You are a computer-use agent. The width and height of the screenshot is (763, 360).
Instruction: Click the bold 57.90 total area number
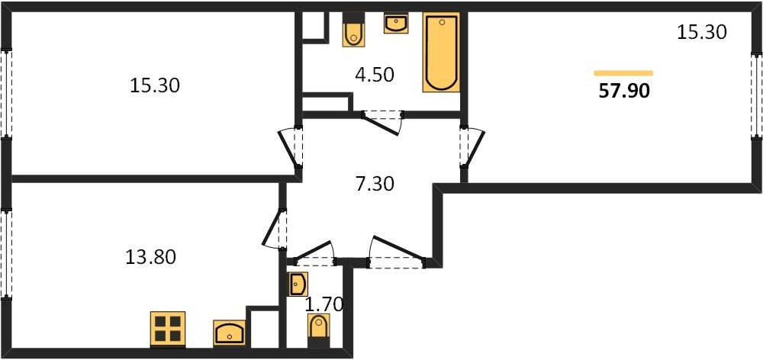624,91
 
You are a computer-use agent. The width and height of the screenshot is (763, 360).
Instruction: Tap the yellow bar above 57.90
623,73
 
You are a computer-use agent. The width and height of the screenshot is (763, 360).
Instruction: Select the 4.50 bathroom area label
374,76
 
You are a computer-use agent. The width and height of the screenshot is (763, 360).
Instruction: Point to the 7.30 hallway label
374,184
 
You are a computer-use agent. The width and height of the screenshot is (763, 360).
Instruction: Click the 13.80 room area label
150,256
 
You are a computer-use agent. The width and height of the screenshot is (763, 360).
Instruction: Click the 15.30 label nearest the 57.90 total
702,32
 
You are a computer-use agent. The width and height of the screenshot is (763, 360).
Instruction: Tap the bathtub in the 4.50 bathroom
441,52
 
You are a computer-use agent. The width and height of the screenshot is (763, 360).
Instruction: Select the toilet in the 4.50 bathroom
353,29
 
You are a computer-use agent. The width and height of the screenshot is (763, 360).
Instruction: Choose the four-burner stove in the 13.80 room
167,329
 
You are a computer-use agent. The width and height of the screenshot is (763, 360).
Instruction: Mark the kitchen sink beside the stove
229,333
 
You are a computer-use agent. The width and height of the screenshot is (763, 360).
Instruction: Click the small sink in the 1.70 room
298,284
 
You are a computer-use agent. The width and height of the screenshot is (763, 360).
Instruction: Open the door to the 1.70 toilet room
314,254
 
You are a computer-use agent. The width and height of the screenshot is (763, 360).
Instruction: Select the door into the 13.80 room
275,229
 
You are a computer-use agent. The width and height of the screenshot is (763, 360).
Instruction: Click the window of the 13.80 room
6,254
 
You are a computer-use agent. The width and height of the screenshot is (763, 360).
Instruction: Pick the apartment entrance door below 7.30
396,253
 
